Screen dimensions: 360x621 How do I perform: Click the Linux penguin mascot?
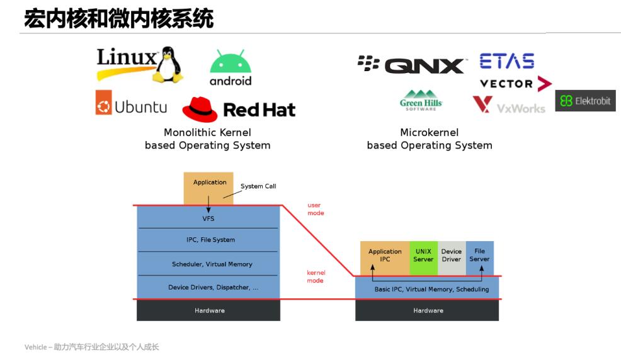167,64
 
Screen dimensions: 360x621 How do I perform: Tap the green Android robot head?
230,62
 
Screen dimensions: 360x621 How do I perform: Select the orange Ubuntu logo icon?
103,103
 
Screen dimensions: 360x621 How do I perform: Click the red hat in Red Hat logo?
200,109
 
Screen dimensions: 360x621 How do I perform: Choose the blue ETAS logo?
506,61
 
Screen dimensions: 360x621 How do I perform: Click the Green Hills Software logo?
421,100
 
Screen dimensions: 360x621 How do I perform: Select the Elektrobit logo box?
585,101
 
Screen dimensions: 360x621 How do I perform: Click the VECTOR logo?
515,84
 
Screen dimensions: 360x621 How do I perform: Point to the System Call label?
258,186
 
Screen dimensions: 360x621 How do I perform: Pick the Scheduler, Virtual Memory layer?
208,264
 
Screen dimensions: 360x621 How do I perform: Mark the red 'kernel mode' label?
315,277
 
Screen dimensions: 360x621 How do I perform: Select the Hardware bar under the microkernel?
428,310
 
